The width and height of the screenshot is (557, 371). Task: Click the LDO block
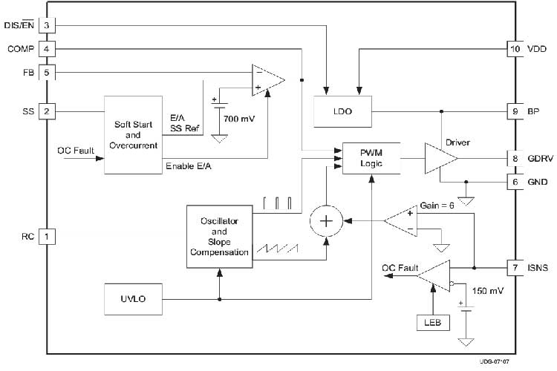point(343,111)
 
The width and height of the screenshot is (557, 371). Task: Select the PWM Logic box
point(371,158)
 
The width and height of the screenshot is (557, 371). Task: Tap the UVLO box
point(133,299)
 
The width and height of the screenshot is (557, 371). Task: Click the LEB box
point(433,322)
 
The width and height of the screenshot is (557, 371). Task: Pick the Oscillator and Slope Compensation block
point(220,237)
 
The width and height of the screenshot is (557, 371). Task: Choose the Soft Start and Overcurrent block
point(133,135)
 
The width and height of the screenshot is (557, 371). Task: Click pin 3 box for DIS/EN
point(47,25)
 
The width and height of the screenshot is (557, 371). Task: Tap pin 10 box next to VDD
point(515,49)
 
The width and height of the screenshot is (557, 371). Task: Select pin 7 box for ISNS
point(515,268)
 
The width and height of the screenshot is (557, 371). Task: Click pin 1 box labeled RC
point(47,237)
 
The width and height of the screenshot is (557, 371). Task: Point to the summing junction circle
point(326,221)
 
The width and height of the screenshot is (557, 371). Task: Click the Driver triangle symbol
point(440,158)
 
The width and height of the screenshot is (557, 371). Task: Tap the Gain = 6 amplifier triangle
point(401,221)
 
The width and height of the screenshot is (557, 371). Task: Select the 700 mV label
point(239,119)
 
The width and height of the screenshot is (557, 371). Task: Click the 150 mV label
point(488,291)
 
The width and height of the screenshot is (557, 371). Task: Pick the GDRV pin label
point(540,158)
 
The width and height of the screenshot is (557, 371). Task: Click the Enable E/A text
point(189,166)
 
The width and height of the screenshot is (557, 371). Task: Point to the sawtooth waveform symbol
point(278,248)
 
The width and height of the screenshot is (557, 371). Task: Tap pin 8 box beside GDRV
point(515,158)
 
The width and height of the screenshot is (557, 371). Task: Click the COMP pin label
point(21,49)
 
